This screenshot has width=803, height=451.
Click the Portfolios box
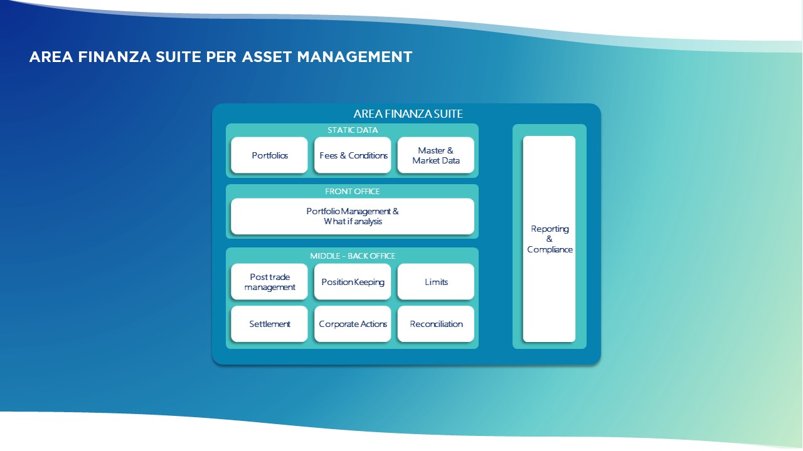(x=269, y=155)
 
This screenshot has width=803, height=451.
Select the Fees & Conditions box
(x=353, y=155)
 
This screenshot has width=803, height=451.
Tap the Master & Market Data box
(x=436, y=155)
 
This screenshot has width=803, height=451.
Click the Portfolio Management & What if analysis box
(x=353, y=216)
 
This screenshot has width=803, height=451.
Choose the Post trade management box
(x=269, y=282)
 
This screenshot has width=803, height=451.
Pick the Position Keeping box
(x=353, y=282)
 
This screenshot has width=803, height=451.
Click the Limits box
(x=436, y=282)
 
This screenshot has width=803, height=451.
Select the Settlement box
(x=269, y=324)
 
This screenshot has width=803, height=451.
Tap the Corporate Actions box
(x=353, y=324)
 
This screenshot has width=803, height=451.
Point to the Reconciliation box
(x=436, y=324)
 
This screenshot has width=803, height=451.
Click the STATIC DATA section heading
(x=353, y=130)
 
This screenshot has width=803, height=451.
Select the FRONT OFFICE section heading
(x=353, y=191)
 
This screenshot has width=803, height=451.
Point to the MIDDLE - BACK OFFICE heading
(x=353, y=256)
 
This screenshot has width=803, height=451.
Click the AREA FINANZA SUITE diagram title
(x=408, y=114)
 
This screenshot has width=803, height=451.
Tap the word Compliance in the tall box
(x=550, y=249)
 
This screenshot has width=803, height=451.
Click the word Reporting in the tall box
(x=550, y=229)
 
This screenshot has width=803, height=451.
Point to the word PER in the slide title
(x=220, y=57)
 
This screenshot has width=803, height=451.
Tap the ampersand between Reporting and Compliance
(x=550, y=239)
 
